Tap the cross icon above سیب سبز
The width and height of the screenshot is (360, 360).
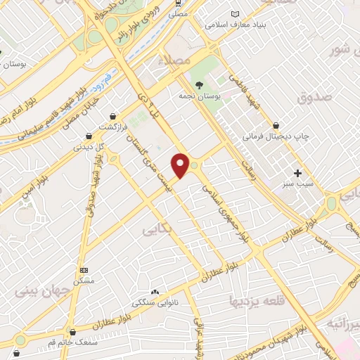[x=297, y=173]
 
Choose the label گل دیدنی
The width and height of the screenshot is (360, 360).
[x=89, y=146]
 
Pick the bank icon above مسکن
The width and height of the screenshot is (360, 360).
[x=85, y=271]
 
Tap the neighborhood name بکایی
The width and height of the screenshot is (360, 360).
[x=157, y=229]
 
